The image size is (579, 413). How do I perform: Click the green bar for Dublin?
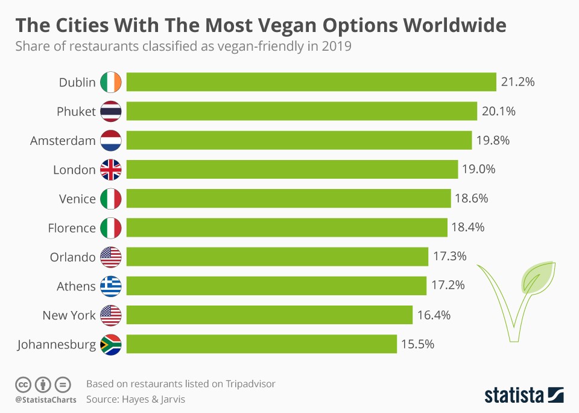point(311,82)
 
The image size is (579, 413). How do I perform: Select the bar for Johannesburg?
point(262,344)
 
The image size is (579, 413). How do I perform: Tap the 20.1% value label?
point(498,111)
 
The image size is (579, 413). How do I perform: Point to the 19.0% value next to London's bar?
point(478,169)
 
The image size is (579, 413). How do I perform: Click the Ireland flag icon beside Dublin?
point(111,82)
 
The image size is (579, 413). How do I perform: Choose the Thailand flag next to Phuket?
point(111,111)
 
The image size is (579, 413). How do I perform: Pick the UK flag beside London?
point(111,170)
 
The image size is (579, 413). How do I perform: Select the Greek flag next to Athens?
point(111,286)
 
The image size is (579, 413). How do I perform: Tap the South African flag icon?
point(111,344)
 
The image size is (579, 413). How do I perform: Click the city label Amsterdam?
point(63,141)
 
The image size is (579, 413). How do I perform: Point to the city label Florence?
point(72,228)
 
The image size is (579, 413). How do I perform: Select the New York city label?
point(69,315)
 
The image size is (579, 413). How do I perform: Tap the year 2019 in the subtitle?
point(338,46)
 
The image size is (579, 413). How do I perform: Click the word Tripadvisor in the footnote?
point(251,383)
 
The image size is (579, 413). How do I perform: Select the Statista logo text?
point(513,395)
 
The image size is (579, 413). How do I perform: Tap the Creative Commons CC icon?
point(23,384)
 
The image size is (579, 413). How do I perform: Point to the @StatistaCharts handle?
point(46,400)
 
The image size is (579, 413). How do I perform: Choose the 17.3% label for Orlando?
point(449,257)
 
